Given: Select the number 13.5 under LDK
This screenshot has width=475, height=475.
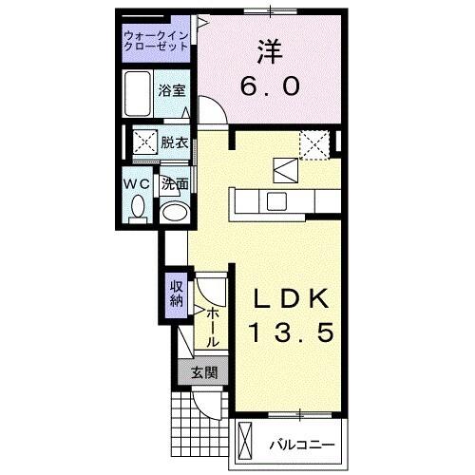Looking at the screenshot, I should pos(292,333).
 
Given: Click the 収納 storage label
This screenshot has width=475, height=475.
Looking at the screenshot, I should pos(177,294).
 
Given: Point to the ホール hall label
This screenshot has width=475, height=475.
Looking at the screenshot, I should pos(213,325).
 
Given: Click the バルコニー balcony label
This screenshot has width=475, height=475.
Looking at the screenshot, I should pos(299,443).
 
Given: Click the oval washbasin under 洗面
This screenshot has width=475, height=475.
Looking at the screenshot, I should pos(173,212).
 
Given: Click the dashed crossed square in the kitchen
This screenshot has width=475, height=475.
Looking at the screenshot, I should pos(314,144).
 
